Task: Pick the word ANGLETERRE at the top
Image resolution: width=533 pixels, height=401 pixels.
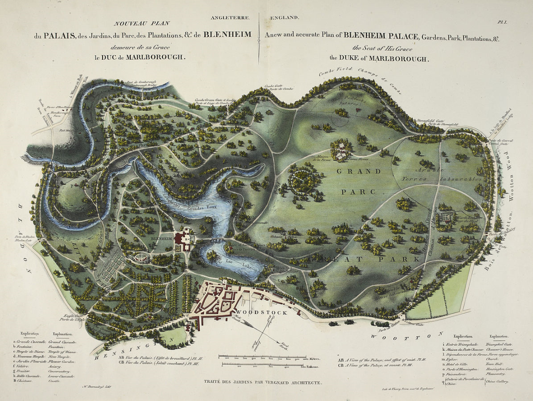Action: click(230, 18)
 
